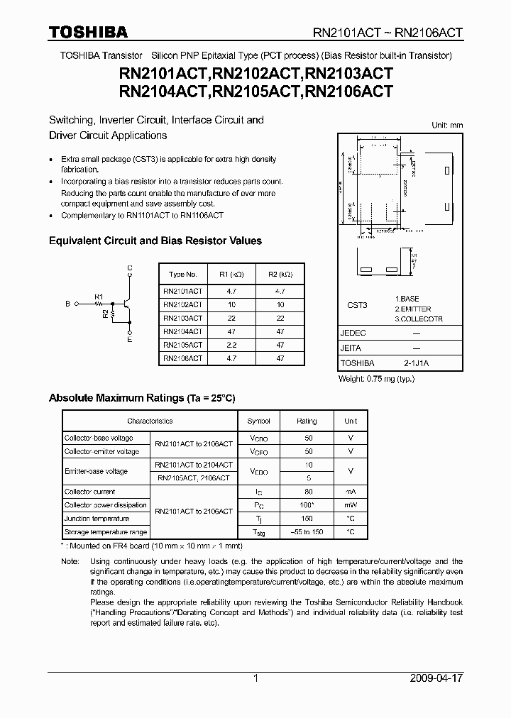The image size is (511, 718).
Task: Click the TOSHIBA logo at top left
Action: tap(88, 32)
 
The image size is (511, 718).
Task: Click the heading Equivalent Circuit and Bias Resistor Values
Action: tap(155, 241)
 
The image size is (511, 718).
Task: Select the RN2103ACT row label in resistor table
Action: tap(182, 317)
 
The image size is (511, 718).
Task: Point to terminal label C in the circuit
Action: tap(129, 267)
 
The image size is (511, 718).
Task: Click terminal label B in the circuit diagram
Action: tap(68, 304)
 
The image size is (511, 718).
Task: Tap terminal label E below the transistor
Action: tap(129, 340)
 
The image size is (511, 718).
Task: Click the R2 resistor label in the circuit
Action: tap(106, 312)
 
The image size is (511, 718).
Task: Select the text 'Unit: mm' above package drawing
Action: tap(447, 125)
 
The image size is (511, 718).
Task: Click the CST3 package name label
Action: tap(357, 305)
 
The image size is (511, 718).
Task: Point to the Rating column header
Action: tap(307, 421)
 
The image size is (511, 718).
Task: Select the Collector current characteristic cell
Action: tap(90, 492)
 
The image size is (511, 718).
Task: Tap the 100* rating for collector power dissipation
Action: tap(307, 505)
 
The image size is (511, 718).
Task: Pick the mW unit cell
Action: tap(351, 505)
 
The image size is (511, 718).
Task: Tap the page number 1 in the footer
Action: tap(255, 678)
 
